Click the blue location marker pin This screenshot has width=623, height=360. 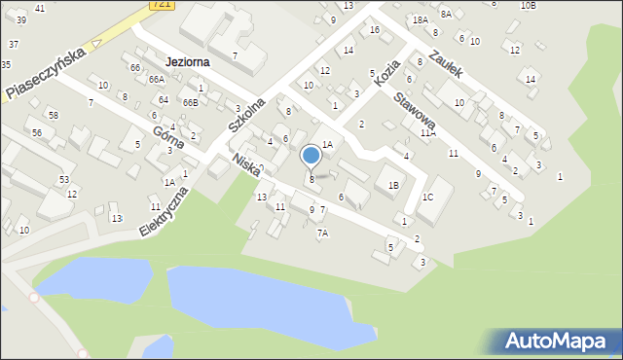(311, 156)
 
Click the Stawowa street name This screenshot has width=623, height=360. (413, 111)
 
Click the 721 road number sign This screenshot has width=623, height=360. (163, 5)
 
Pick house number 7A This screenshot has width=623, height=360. (322, 234)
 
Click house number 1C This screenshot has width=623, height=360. (426, 198)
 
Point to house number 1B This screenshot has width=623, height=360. (393, 185)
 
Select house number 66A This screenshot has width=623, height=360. (157, 79)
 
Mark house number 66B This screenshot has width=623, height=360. (190, 102)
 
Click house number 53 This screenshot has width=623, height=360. (63, 180)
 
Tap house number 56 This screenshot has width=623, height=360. (36, 133)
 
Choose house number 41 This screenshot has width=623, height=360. (39, 8)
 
